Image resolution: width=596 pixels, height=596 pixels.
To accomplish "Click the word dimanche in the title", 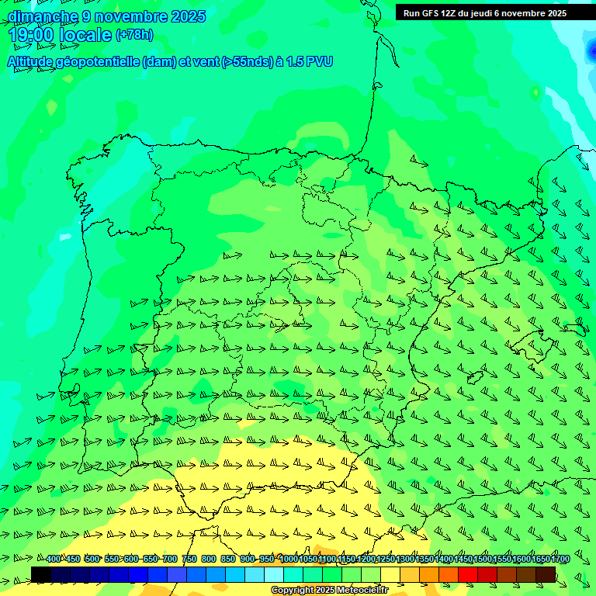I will click(43, 16).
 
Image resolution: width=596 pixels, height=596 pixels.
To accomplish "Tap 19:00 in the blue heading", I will click(32, 35).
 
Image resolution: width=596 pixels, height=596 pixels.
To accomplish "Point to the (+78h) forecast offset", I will click(133, 35).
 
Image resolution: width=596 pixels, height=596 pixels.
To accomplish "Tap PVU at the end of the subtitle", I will click(318, 62).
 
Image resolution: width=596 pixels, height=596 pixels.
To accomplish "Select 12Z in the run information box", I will click(456, 13).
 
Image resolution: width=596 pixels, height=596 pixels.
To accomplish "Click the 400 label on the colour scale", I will click(53, 560).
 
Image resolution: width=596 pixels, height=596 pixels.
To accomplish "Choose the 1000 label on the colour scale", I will click(288, 560).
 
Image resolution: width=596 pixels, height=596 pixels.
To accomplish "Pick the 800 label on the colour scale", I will click(209, 560).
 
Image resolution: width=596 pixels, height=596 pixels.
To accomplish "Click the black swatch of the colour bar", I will click(41, 574).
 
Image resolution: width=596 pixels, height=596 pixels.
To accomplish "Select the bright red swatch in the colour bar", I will click(468, 574).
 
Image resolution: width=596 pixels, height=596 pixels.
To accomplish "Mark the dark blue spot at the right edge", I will click(591, 52).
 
